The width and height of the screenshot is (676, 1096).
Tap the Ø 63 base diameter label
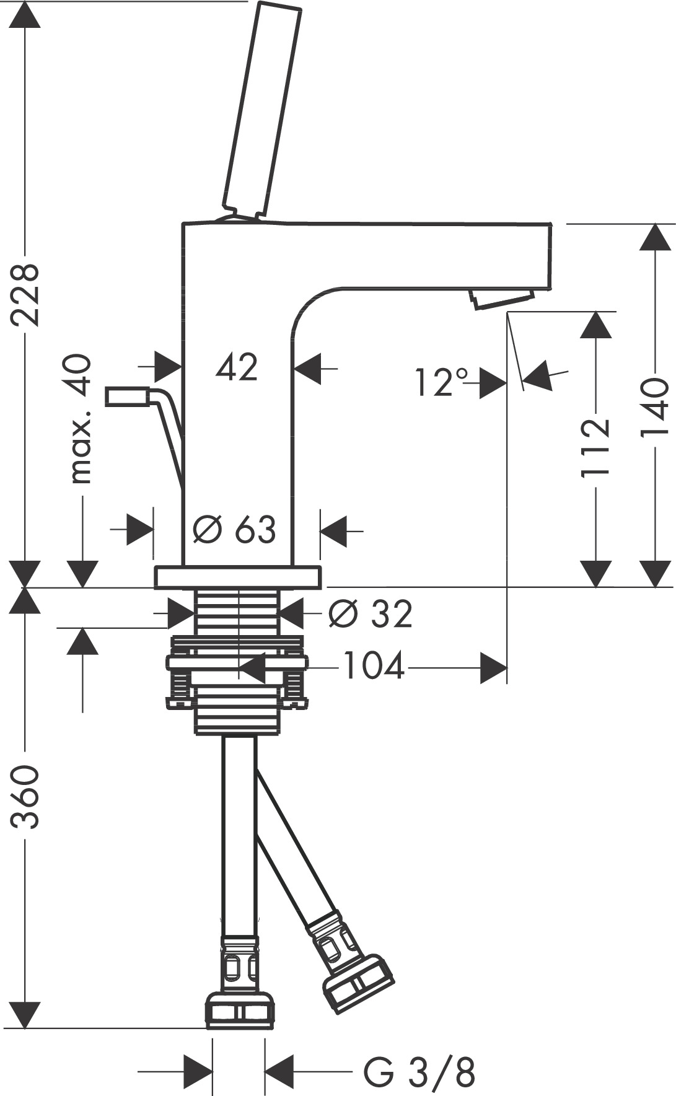[x=234, y=530]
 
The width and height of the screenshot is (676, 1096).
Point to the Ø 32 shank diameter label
[x=370, y=614]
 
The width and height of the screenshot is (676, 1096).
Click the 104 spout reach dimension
[x=374, y=667]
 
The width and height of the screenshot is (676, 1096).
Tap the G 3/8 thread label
[x=419, y=1072]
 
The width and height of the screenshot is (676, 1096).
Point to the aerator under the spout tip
[x=502, y=298]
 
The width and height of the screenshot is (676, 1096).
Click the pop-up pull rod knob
[x=126, y=397]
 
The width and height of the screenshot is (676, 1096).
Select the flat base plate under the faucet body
[x=238, y=576]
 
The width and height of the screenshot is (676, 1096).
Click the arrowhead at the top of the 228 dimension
[x=25, y=15]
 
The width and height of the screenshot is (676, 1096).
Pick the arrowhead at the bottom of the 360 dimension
[x=25, y=1016]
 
